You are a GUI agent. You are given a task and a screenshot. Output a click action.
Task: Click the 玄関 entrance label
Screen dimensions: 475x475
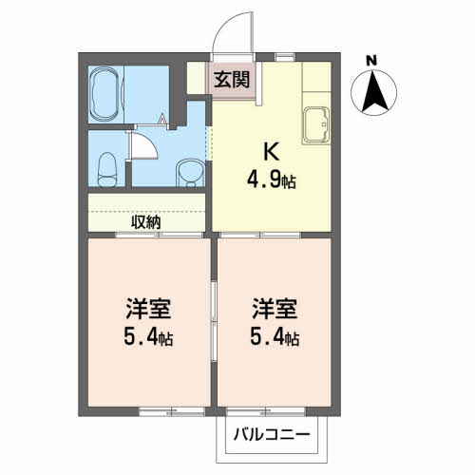[x=232, y=80]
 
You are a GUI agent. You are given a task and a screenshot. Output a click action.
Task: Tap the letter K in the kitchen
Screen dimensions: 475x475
[x=272, y=151]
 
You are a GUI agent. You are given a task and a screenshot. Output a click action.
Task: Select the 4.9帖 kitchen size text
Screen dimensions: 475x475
[x=272, y=181]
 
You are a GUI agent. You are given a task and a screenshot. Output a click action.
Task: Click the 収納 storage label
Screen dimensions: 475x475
[x=146, y=222]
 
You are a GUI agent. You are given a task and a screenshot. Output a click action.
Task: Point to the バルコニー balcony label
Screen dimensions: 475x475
[x=272, y=434]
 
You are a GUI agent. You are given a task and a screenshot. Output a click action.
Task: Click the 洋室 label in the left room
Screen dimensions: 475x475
[x=148, y=309]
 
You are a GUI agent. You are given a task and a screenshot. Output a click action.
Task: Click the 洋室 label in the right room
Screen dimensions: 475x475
[x=275, y=309]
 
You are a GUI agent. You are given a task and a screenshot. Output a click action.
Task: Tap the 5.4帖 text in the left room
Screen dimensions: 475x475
[x=148, y=338]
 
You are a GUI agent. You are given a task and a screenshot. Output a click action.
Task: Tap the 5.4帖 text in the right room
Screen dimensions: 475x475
[x=275, y=338]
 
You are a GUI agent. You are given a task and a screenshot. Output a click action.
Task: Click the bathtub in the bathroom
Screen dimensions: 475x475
[x=104, y=94]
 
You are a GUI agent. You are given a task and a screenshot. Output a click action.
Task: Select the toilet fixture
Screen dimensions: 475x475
[x=107, y=170]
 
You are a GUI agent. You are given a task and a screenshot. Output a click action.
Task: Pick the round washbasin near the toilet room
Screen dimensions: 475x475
[x=190, y=173]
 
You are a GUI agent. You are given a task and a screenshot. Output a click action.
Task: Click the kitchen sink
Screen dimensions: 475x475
[x=316, y=125]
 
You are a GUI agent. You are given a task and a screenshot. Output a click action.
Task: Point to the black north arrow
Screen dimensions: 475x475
[x=374, y=93]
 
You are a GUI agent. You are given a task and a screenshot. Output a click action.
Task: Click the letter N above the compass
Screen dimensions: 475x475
[x=371, y=61]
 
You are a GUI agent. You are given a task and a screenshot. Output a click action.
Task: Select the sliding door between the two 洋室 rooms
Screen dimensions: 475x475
[x=214, y=321]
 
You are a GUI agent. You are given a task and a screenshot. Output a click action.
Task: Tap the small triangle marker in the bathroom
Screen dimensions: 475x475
[x=162, y=119]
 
